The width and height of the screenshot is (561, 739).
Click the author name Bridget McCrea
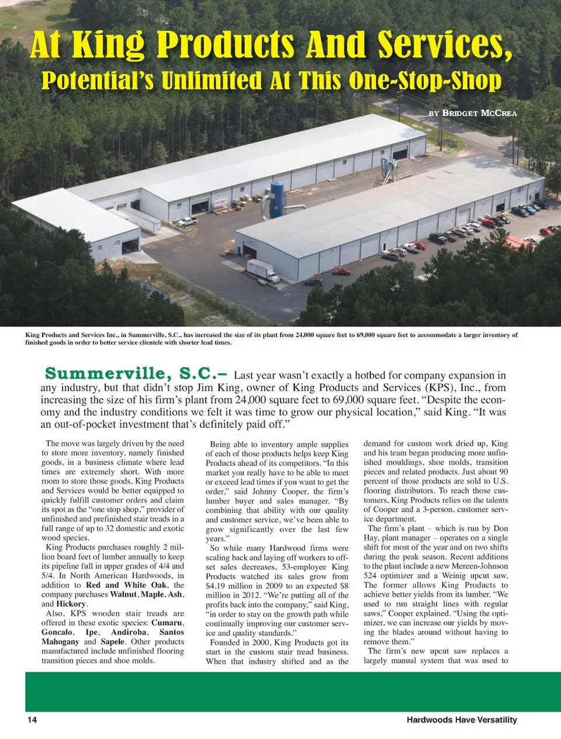point(479,113)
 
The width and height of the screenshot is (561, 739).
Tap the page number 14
point(32,720)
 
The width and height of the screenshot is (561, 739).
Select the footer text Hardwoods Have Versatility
point(462,720)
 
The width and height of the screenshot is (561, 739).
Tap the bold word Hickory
point(71,604)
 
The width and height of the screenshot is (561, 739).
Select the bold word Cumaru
point(167,623)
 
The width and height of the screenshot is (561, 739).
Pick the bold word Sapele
point(112,641)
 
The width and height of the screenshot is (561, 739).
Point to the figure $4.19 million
point(230,586)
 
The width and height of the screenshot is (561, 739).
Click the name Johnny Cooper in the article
point(279,491)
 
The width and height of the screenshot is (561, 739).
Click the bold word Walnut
point(123,594)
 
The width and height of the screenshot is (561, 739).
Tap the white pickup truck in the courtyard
point(187,221)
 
